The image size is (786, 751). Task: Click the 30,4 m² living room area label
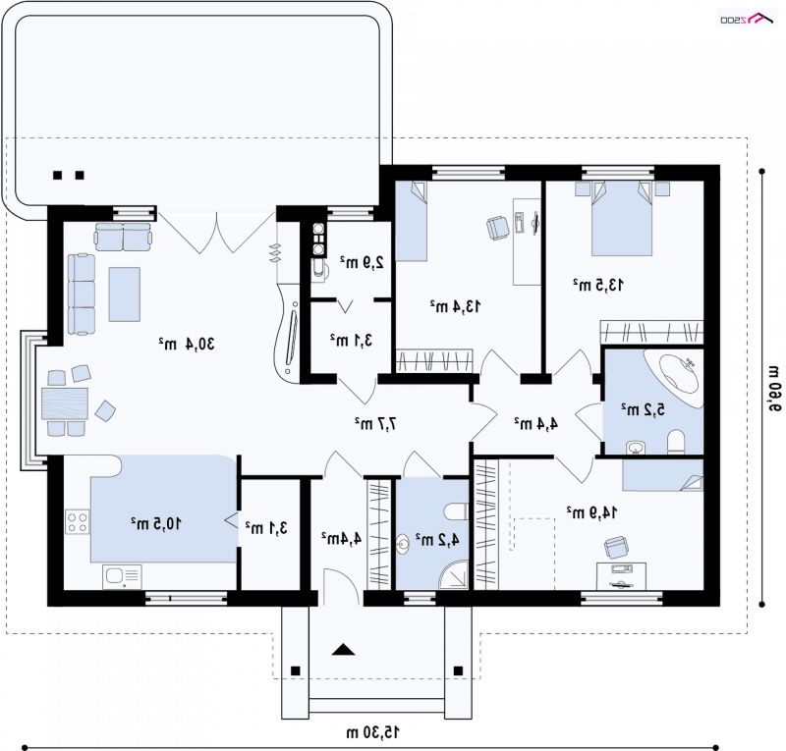pyautogui.click(x=187, y=345)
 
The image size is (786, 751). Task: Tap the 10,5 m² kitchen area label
pyautogui.click(x=156, y=524)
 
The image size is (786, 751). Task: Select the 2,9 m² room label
pyautogui.click(x=362, y=262)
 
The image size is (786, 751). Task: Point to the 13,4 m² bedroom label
pyautogui.click(x=455, y=306)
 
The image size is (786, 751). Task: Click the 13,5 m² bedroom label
pyautogui.click(x=598, y=285)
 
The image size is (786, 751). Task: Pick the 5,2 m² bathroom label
pyautogui.click(x=644, y=409)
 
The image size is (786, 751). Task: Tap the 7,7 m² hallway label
pyautogui.click(x=376, y=423)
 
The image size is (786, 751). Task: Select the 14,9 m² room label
pyautogui.click(x=591, y=512)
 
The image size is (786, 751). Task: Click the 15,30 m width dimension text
pyautogui.click(x=373, y=732)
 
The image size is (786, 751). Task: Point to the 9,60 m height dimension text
pyautogui.click(x=774, y=389)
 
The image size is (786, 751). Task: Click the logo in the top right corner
pyautogui.click(x=747, y=19)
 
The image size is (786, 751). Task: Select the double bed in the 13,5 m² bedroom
pyautogui.click(x=622, y=219)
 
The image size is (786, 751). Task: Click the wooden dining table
pyautogui.click(x=65, y=403)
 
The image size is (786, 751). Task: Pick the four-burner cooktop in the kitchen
pyautogui.click(x=78, y=521)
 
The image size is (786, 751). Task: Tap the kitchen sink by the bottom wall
pyautogui.click(x=122, y=576)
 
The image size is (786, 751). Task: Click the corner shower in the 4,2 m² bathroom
pyautogui.click(x=454, y=574)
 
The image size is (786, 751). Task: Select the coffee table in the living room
pyautogui.click(x=125, y=295)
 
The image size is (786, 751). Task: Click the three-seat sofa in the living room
pyautogui.click(x=82, y=295)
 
